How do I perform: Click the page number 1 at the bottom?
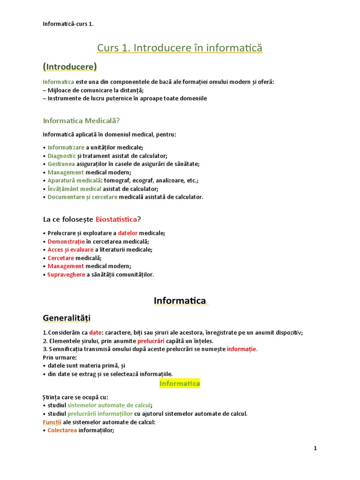[x=315, y=448]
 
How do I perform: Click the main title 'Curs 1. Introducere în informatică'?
[x=180, y=48]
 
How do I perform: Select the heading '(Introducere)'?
[x=70, y=67]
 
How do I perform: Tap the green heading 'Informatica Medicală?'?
[x=82, y=120]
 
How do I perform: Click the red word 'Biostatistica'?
[x=116, y=219]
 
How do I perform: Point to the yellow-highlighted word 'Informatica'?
[x=180, y=383]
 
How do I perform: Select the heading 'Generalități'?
[x=67, y=318]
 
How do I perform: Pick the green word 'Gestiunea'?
[x=61, y=164]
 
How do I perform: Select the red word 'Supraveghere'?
[x=66, y=275]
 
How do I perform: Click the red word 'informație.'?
[x=242, y=349]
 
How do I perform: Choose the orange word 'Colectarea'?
[x=62, y=430]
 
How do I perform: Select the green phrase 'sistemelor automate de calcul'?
[x=109, y=405]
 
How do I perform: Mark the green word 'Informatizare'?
[x=66, y=147]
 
